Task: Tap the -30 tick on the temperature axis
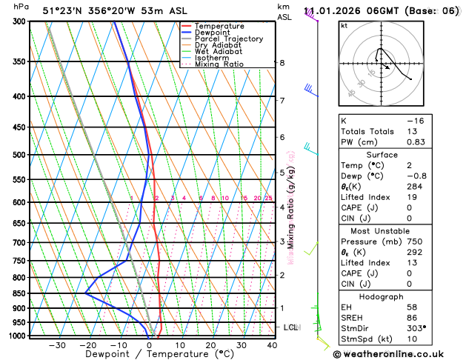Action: click(x=57, y=345)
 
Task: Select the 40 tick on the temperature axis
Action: click(x=272, y=345)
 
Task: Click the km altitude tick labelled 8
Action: click(x=282, y=63)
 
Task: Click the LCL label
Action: click(x=291, y=327)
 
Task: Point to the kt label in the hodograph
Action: click(x=344, y=25)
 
